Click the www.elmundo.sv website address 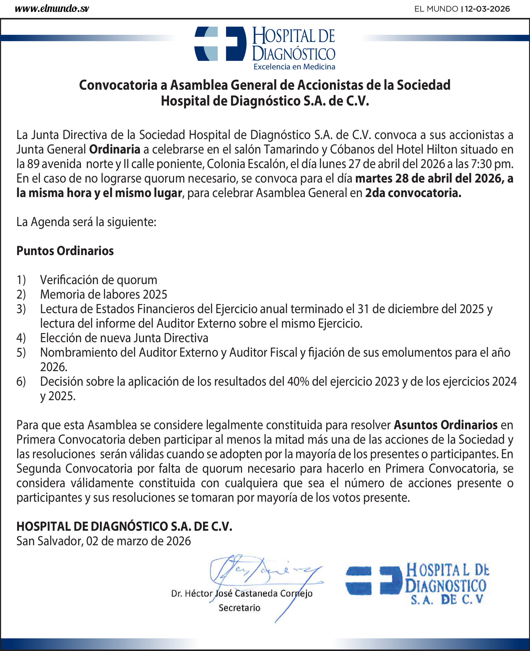[52, 9]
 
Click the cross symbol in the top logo [220, 44]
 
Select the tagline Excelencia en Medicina [294, 66]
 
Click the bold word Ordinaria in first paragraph [114, 149]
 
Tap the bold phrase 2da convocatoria [413, 193]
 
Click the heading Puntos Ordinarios [65, 251]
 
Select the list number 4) [21, 338]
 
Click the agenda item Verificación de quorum [99, 280]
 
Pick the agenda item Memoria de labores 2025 [104, 294]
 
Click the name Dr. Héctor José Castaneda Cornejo [242, 593]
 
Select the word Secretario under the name [239, 608]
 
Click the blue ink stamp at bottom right [418, 583]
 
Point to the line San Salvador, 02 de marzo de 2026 [104, 541]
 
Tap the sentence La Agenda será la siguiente [86, 222]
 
